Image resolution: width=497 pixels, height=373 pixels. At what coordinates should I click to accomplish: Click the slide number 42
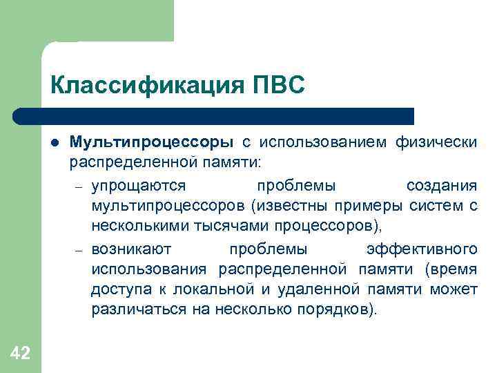(21, 354)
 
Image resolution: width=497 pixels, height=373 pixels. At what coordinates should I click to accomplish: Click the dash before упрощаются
(79, 187)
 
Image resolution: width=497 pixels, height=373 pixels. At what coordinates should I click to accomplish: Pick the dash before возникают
(79, 249)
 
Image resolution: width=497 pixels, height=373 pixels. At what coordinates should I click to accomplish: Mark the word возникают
(136, 248)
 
